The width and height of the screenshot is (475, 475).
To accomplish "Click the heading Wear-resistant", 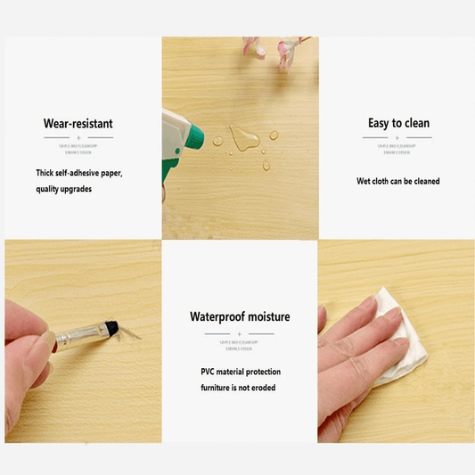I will click(78, 123).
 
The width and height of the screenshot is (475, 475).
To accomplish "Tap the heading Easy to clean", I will click(398, 123).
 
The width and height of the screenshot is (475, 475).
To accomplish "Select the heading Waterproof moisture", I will click(239, 316).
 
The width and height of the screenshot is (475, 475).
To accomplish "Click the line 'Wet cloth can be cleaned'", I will click(398, 181).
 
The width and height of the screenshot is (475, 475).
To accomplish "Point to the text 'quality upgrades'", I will click(64, 189).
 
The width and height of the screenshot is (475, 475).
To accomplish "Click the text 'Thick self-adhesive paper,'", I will click(79, 172).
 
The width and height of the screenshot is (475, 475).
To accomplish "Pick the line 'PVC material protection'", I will click(239, 371).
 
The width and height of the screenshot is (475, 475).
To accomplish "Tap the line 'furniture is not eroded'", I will click(239, 388).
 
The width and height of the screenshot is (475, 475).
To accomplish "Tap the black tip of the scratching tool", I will click(114, 327).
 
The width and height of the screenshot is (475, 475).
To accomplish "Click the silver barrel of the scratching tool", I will click(85, 335).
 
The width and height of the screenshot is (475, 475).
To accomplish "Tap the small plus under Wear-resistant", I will click(78, 138).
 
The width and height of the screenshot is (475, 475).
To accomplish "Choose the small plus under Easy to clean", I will click(398, 138).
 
